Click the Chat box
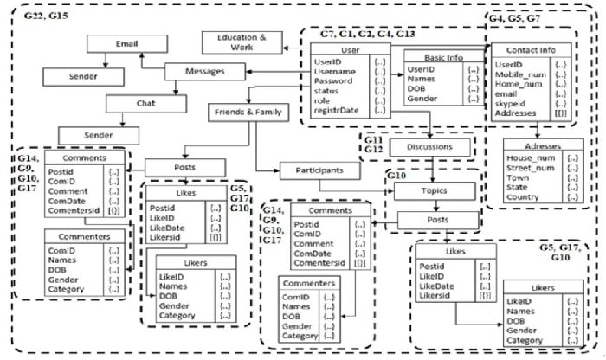(x=145, y=103)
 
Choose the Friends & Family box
(x=246, y=112)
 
